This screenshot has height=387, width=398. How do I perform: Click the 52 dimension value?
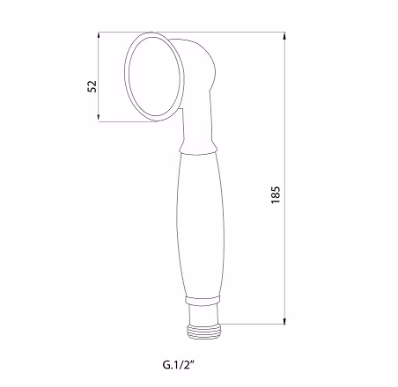(92, 86)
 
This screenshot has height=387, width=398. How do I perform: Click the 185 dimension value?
(276, 194)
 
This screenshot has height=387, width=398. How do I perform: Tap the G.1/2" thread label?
(179, 365)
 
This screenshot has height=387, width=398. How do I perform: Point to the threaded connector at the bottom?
(203, 332)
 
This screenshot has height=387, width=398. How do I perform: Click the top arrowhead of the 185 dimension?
(284, 36)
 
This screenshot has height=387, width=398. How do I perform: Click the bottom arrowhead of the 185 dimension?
(284, 320)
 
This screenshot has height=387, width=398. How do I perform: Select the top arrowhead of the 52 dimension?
(99, 36)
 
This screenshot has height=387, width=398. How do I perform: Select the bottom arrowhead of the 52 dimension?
(99, 117)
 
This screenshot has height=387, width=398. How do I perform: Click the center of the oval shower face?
(154, 77)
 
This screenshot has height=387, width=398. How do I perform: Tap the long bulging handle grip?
(201, 225)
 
